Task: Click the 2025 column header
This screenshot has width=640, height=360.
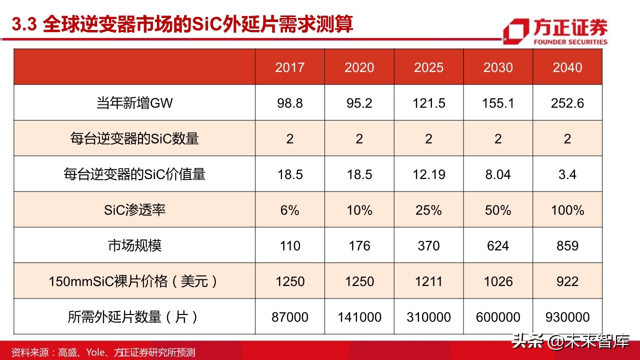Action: pyautogui.click(x=428, y=67)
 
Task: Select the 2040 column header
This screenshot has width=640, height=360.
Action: pyautogui.click(x=567, y=67)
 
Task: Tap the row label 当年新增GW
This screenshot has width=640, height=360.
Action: pyautogui.click(x=134, y=103)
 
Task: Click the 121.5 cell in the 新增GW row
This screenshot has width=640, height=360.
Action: pyautogui.click(x=428, y=103)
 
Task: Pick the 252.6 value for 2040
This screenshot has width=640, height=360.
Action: pyautogui.click(x=567, y=103)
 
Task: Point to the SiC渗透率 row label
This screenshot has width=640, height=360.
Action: pyautogui.click(x=134, y=210)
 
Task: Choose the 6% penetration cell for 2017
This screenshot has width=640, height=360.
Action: pyautogui.click(x=289, y=210)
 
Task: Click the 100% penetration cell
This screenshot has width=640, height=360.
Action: pyautogui.click(x=567, y=210)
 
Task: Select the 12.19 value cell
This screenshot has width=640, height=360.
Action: pyautogui.click(x=428, y=174)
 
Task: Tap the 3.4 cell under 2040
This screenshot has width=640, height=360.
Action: pyautogui.click(x=567, y=174)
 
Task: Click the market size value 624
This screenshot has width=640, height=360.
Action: pyautogui.click(x=498, y=245)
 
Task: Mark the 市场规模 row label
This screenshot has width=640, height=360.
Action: pyautogui.click(x=134, y=245)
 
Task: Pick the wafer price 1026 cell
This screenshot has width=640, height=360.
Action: pyautogui.click(x=498, y=281)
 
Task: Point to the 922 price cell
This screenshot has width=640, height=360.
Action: pyautogui.click(x=567, y=281)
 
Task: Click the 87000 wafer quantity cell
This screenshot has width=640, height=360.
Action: pyautogui.click(x=289, y=317)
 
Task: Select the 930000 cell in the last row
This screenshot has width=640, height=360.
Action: pyautogui.click(x=567, y=317)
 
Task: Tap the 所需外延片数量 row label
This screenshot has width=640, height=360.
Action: pyautogui.click(x=134, y=317)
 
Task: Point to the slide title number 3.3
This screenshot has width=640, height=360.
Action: pyautogui.click(x=24, y=24)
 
